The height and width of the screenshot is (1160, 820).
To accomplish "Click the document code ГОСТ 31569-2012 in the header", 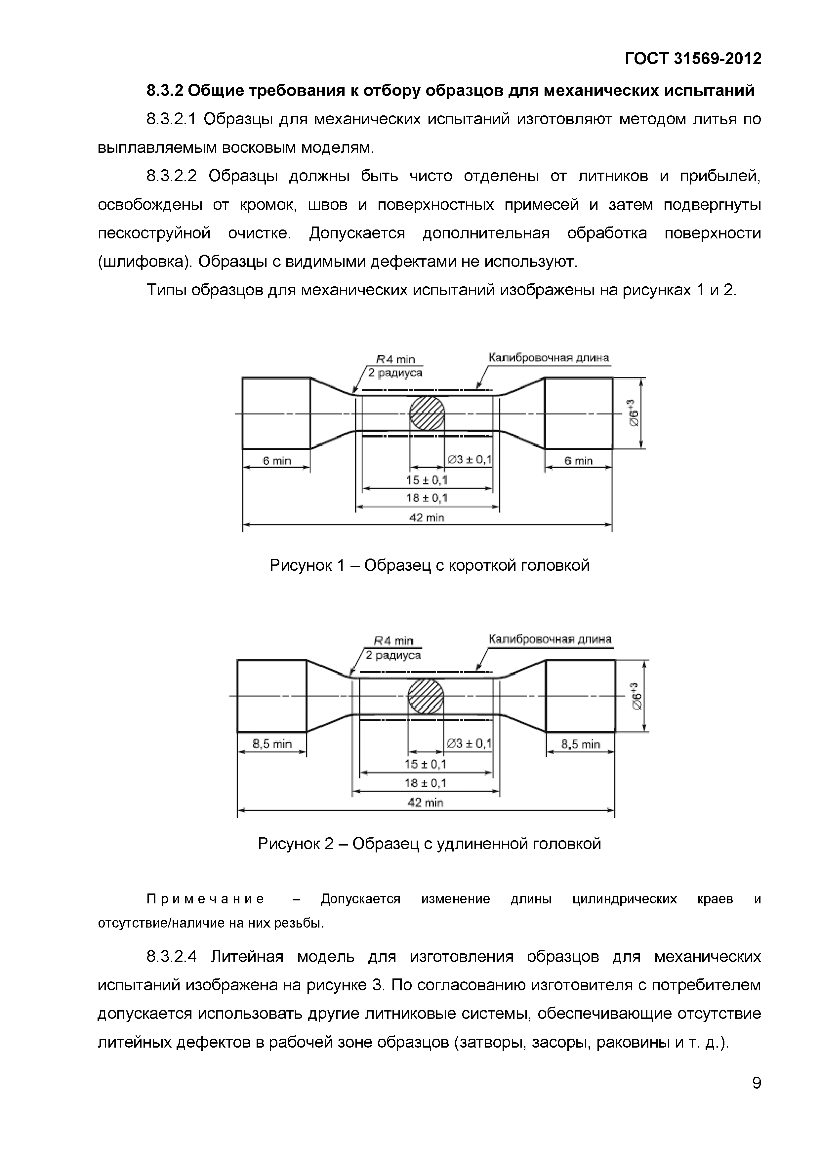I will pos(693,60).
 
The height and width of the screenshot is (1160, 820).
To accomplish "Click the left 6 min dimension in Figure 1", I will pos(276,461).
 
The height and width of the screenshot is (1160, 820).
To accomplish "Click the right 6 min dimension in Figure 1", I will pos(579,461).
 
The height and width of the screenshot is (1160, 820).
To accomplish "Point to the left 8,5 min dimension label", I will pos(272,744).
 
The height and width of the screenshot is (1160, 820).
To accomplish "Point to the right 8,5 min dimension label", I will pos(581,744).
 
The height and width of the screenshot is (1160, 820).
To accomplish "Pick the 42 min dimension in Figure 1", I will pos(427,518).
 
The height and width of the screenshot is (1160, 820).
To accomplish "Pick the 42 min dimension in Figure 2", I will pos(426,802).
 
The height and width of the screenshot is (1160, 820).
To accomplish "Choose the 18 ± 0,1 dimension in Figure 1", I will pos(427,498).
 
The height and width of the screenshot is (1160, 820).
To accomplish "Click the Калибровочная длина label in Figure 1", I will pos(548,358).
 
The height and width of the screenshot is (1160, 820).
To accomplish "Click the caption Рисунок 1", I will pos(430,565).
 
